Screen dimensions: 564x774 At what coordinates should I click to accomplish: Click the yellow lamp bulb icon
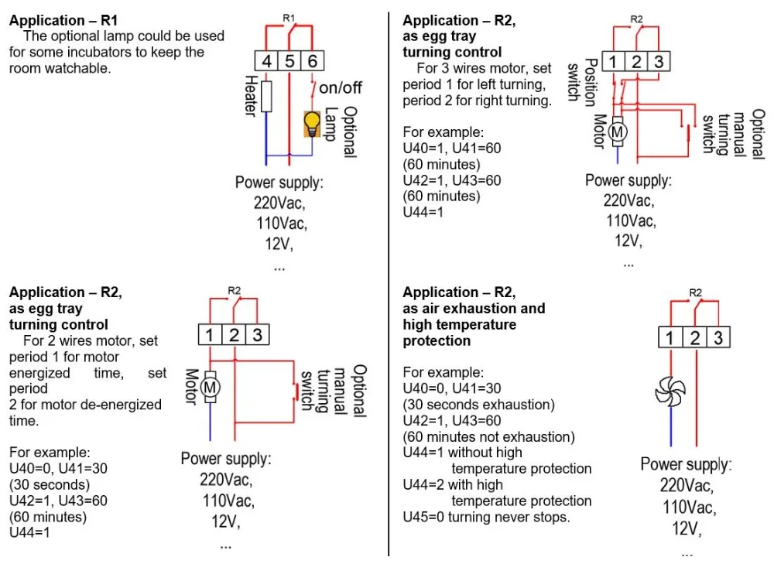[312, 123]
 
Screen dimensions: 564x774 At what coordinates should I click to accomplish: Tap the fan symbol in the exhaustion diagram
[670, 391]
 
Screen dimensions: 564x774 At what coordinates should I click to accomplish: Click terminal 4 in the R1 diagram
[265, 62]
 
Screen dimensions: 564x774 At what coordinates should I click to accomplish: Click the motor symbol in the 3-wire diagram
[618, 132]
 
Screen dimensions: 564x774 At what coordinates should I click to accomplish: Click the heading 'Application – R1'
[59, 20]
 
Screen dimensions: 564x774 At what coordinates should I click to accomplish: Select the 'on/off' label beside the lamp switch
[341, 88]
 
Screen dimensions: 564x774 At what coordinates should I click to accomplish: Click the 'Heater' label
[250, 96]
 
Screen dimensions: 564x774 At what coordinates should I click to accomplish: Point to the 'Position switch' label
[581, 80]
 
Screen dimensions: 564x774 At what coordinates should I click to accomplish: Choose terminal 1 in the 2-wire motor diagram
[210, 334]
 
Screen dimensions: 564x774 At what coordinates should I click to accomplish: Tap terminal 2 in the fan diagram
[695, 338]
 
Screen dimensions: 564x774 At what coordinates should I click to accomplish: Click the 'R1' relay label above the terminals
[289, 17]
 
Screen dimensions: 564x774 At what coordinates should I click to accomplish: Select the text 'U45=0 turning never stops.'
[486, 517]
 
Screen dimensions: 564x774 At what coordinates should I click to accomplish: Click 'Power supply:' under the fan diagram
[686, 465]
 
